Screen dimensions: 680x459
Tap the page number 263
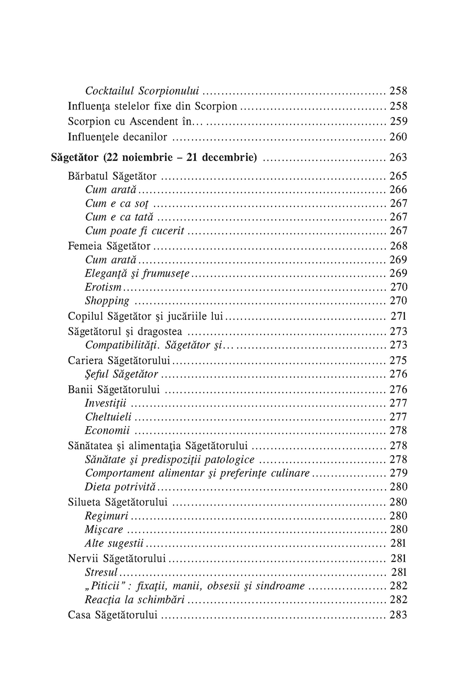tap(398, 157)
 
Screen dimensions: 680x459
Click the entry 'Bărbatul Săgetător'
tap(112, 176)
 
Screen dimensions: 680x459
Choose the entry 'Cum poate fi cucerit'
tap(134, 231)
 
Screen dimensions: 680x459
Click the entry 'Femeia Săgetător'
tap(109, 246)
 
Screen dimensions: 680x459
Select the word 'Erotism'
tap(103, 287)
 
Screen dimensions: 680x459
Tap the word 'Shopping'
tap(107, 301)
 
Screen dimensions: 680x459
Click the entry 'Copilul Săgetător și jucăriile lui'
tap(145, 316)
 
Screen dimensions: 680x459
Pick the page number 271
tap(398, 316)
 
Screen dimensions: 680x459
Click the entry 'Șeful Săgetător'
tap(121, 374)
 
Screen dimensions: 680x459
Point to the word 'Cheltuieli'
tap(108, 417)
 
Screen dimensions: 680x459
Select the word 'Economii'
tap(107, 431)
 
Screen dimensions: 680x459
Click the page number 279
tap(398, 473)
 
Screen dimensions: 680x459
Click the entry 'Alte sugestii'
tap(114, 544)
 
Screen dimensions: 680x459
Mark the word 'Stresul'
tap(101, 572)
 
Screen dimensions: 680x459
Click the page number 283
tap(398, 615)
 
